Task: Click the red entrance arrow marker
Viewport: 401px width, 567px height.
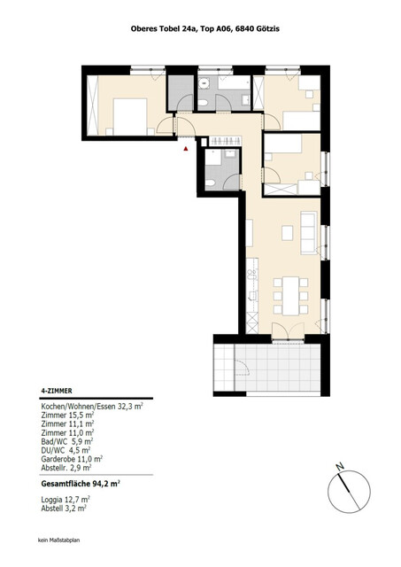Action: click(x=185, y=150)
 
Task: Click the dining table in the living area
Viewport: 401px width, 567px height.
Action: click(x=289, y=291)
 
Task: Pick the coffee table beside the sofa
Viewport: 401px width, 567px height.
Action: click(x=288, y=234)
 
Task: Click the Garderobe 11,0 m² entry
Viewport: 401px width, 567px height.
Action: click(x=73, y=458)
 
